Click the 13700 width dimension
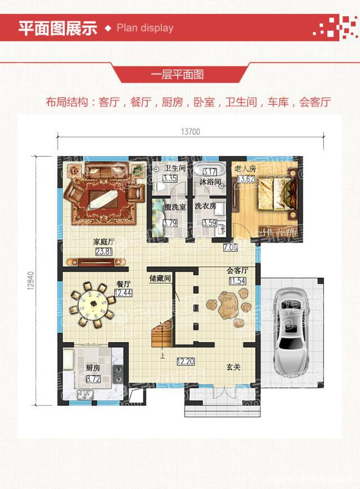click(191, 132)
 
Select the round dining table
click(89, 304)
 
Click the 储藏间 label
click(160, 278)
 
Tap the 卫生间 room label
click(175, 169)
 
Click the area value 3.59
click(209, 223)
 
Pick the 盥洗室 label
click(175, 207)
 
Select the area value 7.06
click(231, 247)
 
